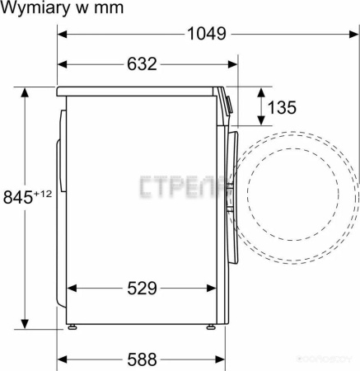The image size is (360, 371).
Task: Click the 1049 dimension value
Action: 205,34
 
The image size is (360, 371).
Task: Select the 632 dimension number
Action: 142,64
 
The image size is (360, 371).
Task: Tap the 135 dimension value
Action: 282,106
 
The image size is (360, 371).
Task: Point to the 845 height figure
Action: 18,197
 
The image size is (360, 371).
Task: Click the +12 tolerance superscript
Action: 42,194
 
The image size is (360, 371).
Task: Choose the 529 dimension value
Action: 142,288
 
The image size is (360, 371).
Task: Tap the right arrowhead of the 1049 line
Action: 353,34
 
